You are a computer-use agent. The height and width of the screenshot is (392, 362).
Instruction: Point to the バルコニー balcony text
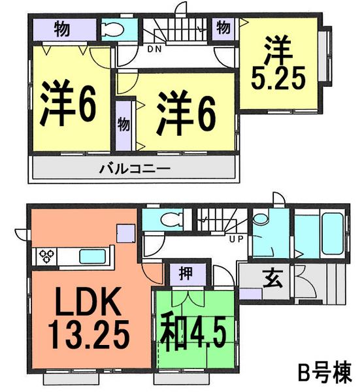[x=135, y=169]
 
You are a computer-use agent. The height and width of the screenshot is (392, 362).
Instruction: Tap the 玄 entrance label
[x=269, y=276]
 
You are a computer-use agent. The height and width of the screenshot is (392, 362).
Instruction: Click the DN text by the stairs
[x=154, y=48]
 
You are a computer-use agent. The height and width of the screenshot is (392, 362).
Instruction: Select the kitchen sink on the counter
[x=94, y=255]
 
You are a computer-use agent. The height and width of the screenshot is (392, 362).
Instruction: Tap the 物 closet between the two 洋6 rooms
[x=123, y=124]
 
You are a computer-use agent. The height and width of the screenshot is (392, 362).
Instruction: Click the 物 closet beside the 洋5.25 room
[x=223, y=27]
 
